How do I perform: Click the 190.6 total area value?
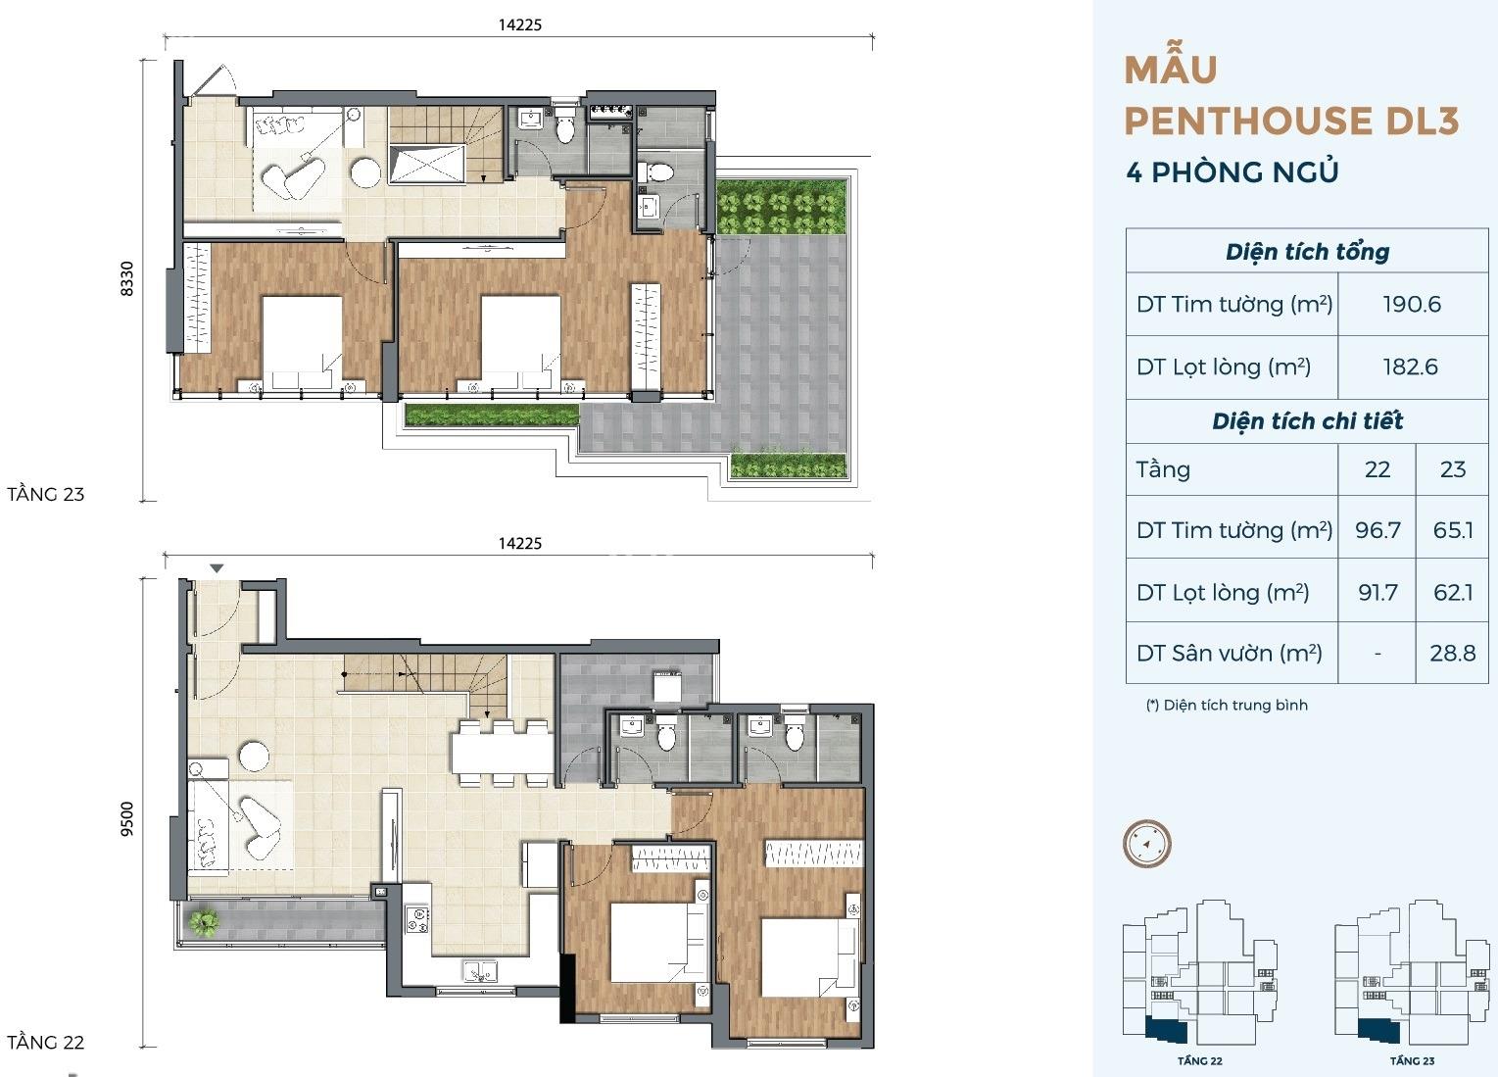pos(1412,305)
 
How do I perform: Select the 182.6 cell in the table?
pos(1411,367)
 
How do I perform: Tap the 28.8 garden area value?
pos(1453,653)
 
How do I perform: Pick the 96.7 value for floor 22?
pos(1377,530)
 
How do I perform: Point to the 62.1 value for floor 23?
pos(1453,592)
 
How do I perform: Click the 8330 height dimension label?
pos(126,279)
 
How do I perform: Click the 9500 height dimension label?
pos(126,819)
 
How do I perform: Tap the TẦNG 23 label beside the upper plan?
pos(45,494)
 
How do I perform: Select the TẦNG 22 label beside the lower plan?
pos(45,1043)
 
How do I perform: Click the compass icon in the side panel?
pos(1147,844)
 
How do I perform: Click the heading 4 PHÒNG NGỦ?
pos(1232,171)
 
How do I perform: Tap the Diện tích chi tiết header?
pos(1307,421)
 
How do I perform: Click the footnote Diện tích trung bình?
pos(1235,705)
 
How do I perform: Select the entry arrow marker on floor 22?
pos(217,568)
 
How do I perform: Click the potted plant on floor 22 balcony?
pos(204,922)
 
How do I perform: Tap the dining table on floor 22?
pos(501,754)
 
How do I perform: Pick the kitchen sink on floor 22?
pos(479,971)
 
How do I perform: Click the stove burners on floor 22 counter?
pos(418,920)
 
